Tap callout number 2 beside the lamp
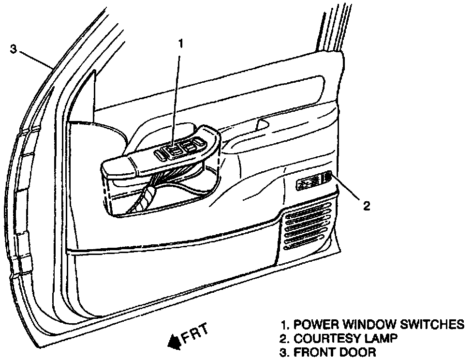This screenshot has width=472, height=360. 366,206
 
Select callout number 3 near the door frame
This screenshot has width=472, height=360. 14,49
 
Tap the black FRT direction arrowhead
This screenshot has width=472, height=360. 173,343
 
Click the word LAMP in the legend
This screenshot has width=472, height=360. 382,338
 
